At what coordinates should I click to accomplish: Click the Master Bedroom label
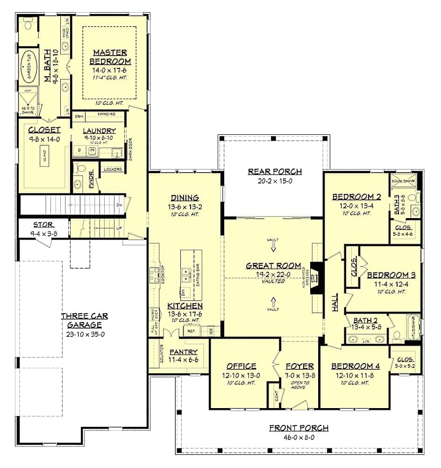[112, 56]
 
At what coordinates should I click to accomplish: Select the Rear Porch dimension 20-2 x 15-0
[275, 181]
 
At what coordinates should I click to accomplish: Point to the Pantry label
[183, 352]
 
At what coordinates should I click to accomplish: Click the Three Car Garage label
[81, 320]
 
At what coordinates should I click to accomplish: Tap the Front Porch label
[299, 428]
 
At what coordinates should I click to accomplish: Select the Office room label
[241, 366]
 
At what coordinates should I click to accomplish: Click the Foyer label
[299, 366]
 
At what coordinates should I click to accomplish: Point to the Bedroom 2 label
[356, 197]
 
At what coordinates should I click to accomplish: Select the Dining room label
[185, 197]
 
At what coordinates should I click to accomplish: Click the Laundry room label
[99, 131]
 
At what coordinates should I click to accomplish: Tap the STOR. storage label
[43, 225]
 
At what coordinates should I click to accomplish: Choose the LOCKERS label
[113, 169]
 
